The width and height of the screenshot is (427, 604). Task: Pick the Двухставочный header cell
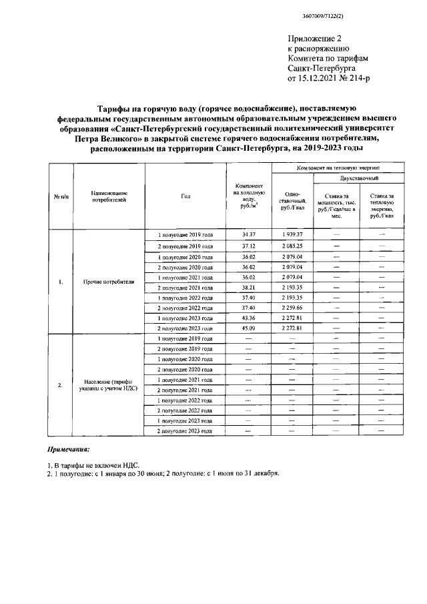tap(359, 180)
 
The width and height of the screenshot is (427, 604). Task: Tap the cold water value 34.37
tap(249, 235)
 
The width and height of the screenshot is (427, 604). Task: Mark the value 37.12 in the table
tap(249, 246)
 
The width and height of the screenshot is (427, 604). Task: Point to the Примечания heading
tap(68, 451)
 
